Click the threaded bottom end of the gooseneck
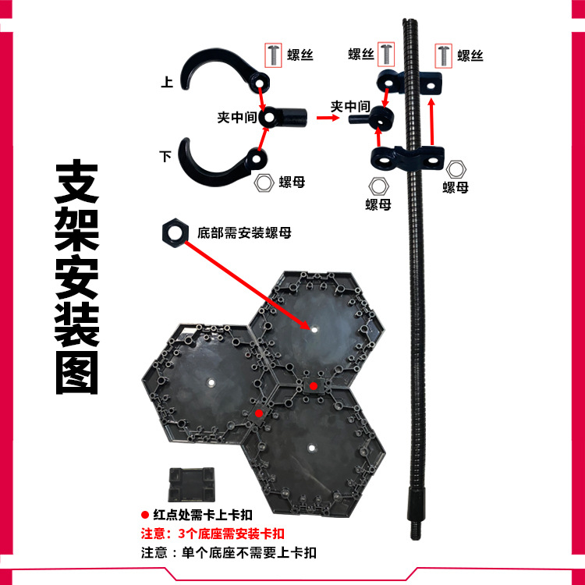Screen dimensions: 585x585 tap(414, 523)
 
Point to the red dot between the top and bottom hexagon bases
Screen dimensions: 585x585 tap(313, 385)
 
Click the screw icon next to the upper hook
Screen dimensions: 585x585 tap(274, 55)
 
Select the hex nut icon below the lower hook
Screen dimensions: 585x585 tap(265, 183)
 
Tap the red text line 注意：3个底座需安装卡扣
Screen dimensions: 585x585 tap(212, 534)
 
